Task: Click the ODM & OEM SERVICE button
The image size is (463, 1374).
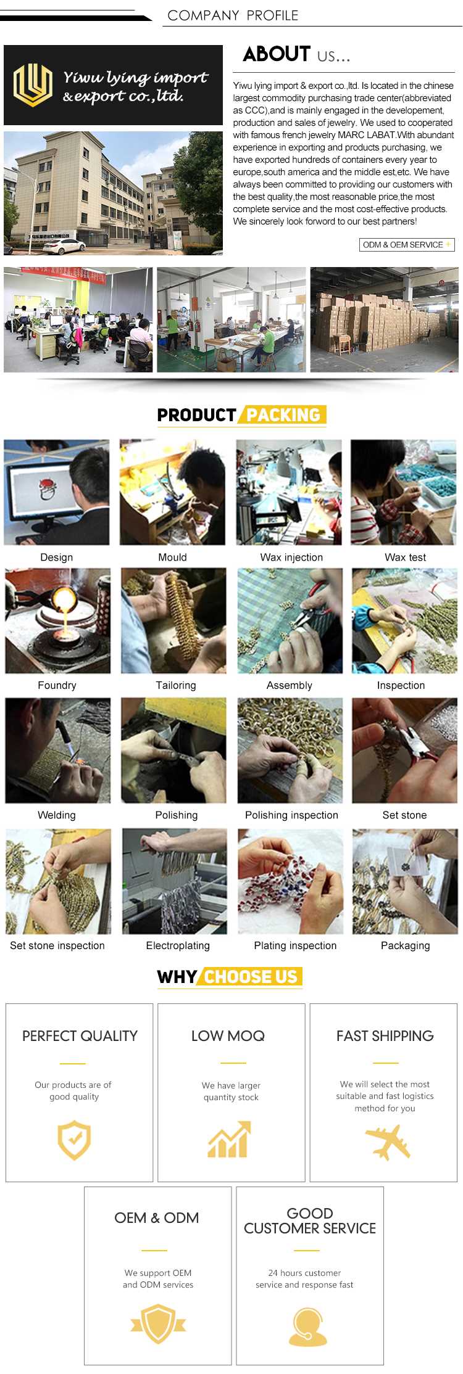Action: pos(407,245)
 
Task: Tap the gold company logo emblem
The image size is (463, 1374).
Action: pos(33,84)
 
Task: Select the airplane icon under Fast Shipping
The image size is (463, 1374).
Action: pos(388,1142)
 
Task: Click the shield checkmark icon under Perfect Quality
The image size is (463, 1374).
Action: pos(74,1140)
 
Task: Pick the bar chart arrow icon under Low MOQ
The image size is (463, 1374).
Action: pos(230,1140)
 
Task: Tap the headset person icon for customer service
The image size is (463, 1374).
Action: pos(307,1327)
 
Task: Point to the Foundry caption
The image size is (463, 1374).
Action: pos(57,685)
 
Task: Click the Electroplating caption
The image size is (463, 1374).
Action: pos(178,945)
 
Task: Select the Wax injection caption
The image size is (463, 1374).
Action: pos(291,557)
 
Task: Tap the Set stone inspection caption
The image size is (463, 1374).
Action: pos(57,945)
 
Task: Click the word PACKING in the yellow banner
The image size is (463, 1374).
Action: pos(283,415)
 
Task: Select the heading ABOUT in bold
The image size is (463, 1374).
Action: pos(277,54)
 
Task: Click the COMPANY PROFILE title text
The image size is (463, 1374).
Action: pos(233,15)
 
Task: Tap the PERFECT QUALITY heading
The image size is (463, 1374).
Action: pos(80,1035)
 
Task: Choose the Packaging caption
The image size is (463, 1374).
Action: pos(405,945)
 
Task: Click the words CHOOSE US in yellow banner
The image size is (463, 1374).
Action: pos(251,977)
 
